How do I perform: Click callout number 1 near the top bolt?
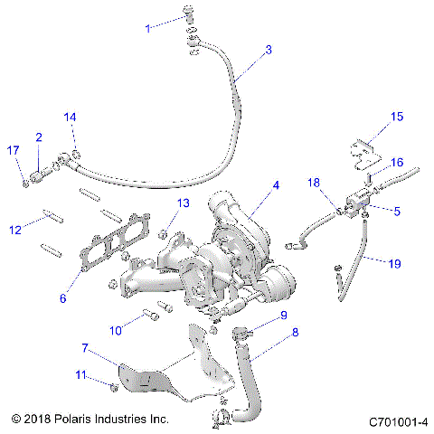pos(149,29)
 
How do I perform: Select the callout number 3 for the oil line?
pos(269,51)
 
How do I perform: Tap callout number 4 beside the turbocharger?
pos(277,185)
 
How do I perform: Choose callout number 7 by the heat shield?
pos(85,347)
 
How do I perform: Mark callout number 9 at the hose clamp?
pos(283,315)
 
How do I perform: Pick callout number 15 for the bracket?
pos(396,116)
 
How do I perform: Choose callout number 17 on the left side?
pos(13,150)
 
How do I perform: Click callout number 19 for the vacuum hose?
pos(394,263)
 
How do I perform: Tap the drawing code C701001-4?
pos(398,421)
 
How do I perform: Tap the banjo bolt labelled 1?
pos(189,12)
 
